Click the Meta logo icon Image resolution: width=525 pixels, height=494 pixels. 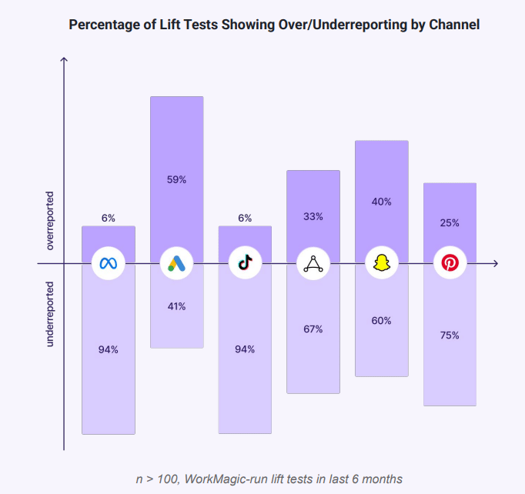(x=108, y=264)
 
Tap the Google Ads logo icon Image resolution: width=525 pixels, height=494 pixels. (x=176, y=264)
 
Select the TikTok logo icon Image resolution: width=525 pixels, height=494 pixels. (x=245, y=264)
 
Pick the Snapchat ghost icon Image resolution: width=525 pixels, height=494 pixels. (x=381, y=264)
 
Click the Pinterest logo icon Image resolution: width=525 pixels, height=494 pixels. (x=450, y=264)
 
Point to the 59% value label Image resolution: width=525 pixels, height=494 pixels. (x=176, y=180)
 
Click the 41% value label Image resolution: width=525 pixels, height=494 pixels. (x=176, y=306)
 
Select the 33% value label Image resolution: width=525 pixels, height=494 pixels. (x=313, y=217)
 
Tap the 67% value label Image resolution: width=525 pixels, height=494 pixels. (x=313, y=329)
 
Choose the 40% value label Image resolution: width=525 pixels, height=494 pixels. (x=381, y=202)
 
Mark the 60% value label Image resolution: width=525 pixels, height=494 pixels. (x=381, y=321)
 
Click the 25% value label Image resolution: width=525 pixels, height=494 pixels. (x=450, y=223)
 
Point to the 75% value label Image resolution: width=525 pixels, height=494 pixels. (x=450, y=335)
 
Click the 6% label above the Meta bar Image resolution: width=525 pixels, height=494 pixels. (x=108, y=219)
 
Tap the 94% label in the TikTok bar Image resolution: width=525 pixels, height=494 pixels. (x=245, y=349)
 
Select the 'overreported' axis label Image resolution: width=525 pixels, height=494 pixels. (x=50, y=221)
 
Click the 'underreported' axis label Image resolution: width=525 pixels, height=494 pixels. (x=50, y=313)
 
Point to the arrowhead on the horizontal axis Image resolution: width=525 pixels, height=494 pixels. (x=495, y=264)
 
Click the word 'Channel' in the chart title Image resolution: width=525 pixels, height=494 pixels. (x=454, y=25)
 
